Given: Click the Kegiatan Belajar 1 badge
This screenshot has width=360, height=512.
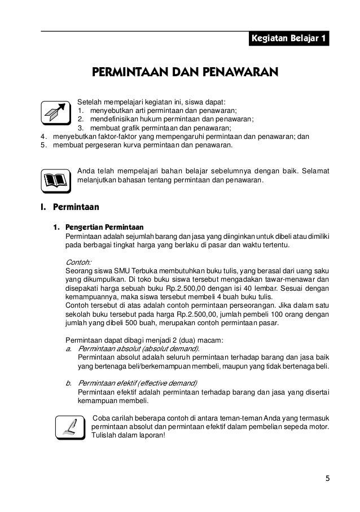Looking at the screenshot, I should pos(288,39).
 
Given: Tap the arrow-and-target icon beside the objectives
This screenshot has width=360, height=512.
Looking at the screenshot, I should pos(55,111).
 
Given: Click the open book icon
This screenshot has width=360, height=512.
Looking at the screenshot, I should pos(55,180).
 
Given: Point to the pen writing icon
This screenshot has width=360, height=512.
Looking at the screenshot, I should pos(70,427).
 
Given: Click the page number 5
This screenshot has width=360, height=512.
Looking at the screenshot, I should pos(327,479).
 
